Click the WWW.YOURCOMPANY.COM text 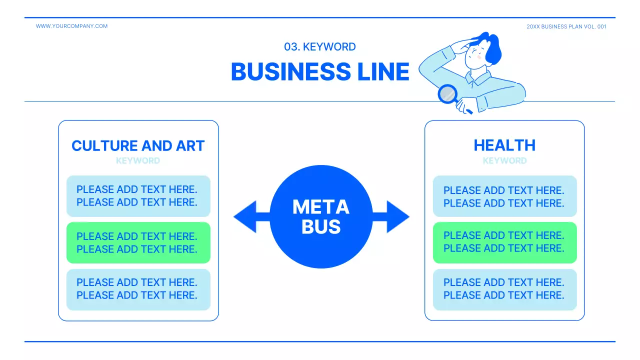pos(71,26)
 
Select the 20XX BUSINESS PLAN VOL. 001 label pos(566,26)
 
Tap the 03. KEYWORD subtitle pos(320,47)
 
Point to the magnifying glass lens pos(447,93)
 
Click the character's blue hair pos(492,47)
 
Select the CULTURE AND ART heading pos(138,145)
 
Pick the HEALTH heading pos(504,145)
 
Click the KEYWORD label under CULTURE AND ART pos(138,161)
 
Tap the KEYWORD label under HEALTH pos(504,161)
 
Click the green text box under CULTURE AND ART pos(138,242)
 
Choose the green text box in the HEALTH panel pos(504,242)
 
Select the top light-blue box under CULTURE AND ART pos(138,196)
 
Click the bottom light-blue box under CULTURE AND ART pos(138,289)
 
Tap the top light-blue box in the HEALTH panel pos(504,196)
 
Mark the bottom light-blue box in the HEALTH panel pos(504,289)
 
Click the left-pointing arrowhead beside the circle pos(245,216)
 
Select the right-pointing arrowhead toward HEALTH pos(397,216)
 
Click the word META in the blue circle pos(320,206)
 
